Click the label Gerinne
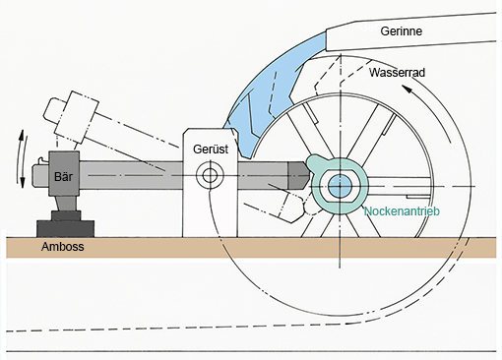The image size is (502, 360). pyautogui.click(x=401, y=31)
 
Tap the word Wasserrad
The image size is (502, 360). pyautogui.click(x=397, y=73)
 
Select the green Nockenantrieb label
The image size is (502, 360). pyautogui.click(x=402, y=211)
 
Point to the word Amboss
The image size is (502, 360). pyautogui.click(x=62, y=247)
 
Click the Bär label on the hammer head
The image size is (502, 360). pyautogui.click(x=63, y=177)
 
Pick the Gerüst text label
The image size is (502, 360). pyautogui.click(x=211, y=150)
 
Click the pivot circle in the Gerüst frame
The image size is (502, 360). pyautogui.click(x=210, y=175)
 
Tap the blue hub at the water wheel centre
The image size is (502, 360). pyautogui.click(x=340, y=186)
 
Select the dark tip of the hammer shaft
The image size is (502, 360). pyautogui.click(x=298, y=175)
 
